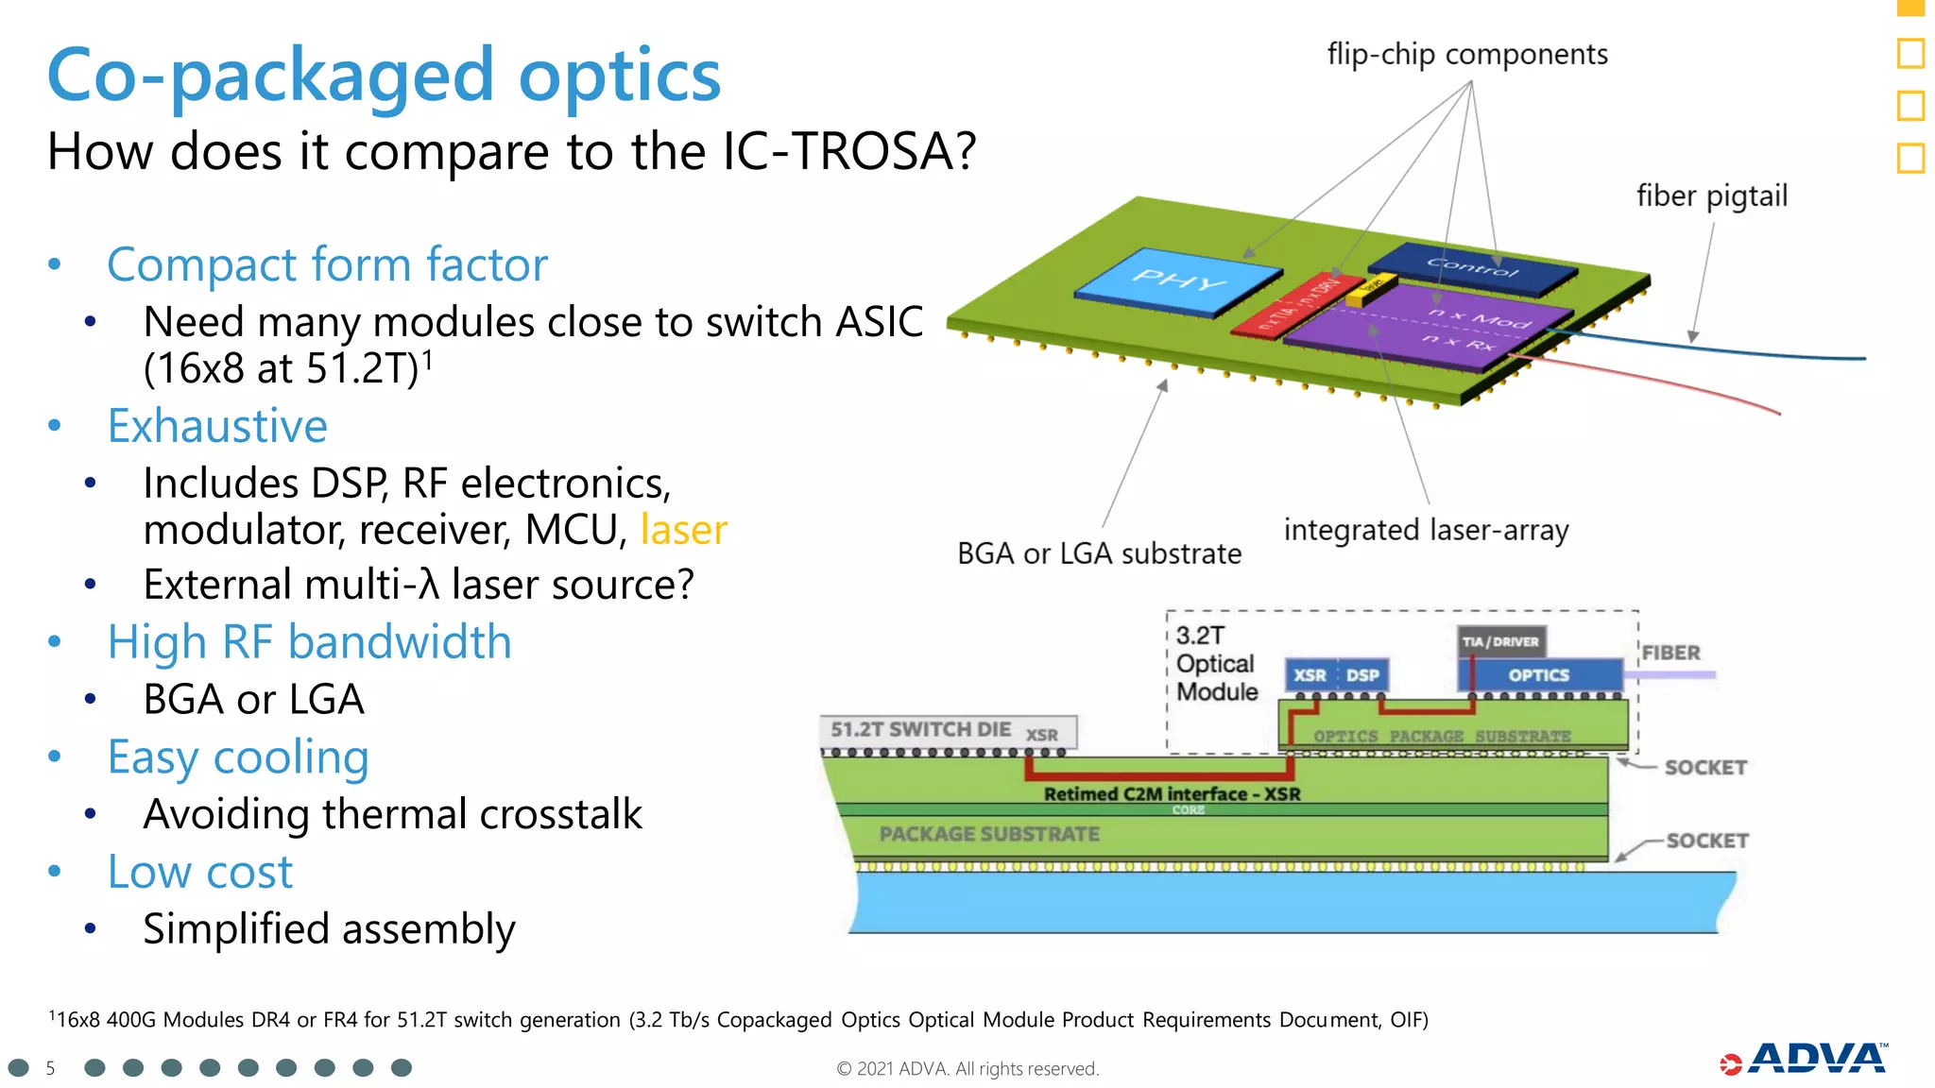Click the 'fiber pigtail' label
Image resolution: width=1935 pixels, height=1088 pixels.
[1711, 196]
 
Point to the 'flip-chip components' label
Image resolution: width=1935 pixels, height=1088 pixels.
[1466, 55]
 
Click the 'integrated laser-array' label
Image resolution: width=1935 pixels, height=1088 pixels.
[1425, 531]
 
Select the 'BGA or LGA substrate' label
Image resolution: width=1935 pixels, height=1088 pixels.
[1099, 553]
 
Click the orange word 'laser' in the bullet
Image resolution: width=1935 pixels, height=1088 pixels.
[683, 530]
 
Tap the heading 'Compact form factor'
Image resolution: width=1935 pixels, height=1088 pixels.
[327, 265]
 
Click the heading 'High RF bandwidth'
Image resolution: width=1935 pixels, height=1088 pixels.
[309, 643]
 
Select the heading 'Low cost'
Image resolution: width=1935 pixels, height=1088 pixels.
[199, 872]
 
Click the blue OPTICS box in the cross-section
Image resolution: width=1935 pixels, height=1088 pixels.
[1538, 675]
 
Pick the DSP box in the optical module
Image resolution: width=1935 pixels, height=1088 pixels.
[1362, 675]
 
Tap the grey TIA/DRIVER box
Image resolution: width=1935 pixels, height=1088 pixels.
[1500, 642]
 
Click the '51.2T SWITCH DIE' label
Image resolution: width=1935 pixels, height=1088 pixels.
[920, 730]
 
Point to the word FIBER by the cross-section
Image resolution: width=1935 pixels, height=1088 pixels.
[1670, 654]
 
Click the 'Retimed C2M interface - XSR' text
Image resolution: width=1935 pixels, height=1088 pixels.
[1172, 794]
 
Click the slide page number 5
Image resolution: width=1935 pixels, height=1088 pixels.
[50, 1068]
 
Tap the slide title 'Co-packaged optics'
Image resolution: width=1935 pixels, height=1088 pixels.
[384, 76]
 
